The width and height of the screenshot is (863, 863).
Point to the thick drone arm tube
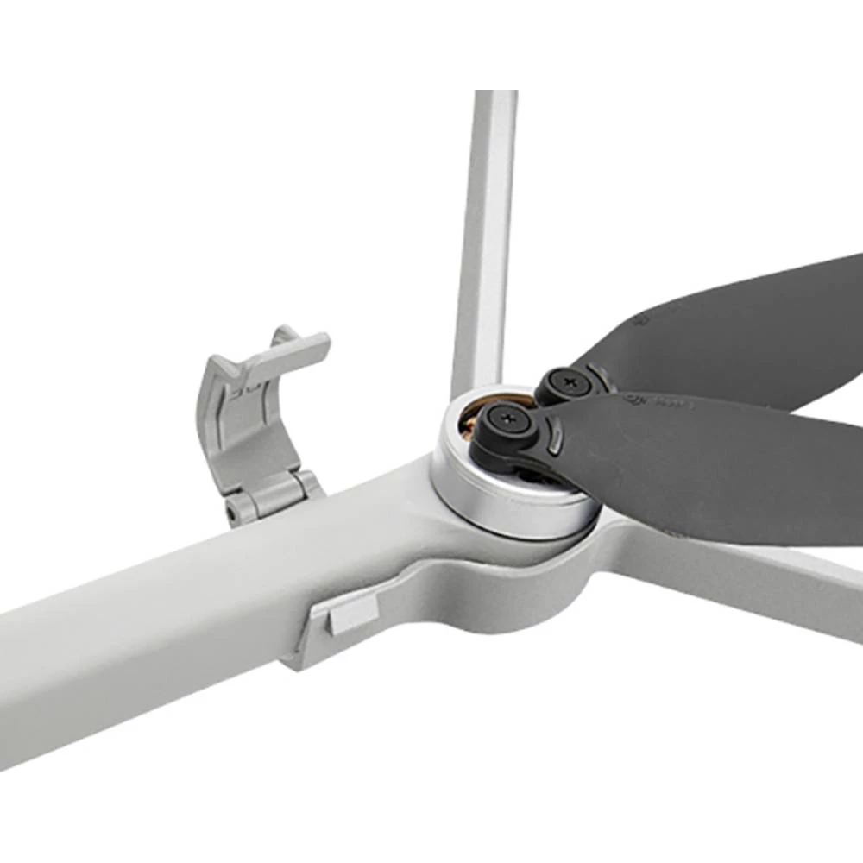155,639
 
